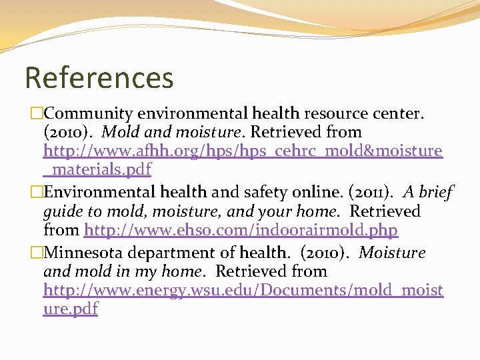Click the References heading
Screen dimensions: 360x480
tap(99, 77)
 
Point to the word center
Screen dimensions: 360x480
tap(399, 113)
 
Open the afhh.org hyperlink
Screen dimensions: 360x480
tap(243, 151)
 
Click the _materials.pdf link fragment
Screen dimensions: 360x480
tap(97, 169)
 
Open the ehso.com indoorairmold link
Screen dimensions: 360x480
tap(241, 231)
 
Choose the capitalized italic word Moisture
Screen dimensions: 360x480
tap(392, 253)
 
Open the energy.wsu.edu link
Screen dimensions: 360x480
tap(243, 291)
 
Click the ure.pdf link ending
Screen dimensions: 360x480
tap(70, 309)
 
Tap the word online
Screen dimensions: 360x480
tap(313, 193)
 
